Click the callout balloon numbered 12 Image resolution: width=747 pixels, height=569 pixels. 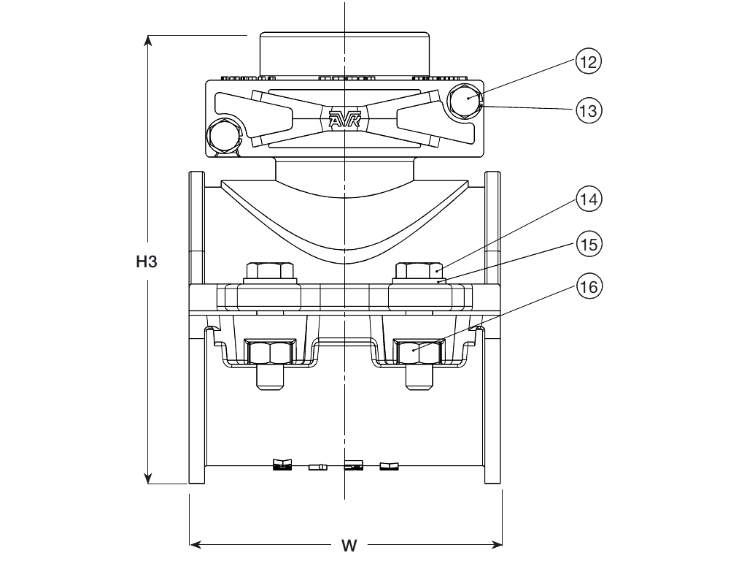click(588, 62)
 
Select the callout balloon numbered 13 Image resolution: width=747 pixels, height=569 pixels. click(588, 111)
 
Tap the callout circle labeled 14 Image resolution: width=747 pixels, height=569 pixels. click(588, 199)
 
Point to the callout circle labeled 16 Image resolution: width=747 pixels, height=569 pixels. click(588, 287)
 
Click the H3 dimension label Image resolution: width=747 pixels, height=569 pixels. click(147, 261)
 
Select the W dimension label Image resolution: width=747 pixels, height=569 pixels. click(349, 546)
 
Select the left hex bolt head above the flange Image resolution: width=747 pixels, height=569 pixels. click(271, 271)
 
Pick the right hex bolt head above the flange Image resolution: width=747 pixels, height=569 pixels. click(419, 271)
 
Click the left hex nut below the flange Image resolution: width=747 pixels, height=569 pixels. click(269, 353)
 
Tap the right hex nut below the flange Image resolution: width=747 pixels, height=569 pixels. click(418, 353)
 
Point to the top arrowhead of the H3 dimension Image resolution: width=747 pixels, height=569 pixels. click(149, 41)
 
